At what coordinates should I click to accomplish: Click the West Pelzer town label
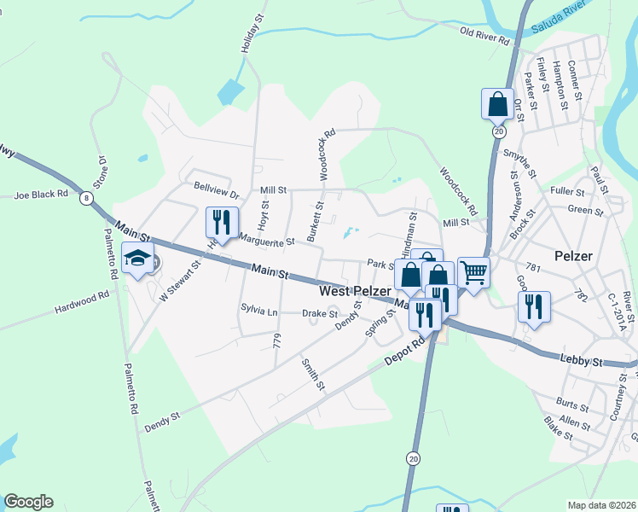point(355,291)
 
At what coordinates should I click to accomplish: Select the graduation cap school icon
point(137,258)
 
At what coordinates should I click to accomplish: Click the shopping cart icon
point(473,273)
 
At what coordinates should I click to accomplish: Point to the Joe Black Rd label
point(41,195)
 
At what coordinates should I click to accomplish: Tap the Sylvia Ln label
point(259,312)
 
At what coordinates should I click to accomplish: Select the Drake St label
point(322,314)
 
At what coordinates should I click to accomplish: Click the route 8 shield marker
point(85,198)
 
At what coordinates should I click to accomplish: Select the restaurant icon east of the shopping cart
point(534,307)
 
